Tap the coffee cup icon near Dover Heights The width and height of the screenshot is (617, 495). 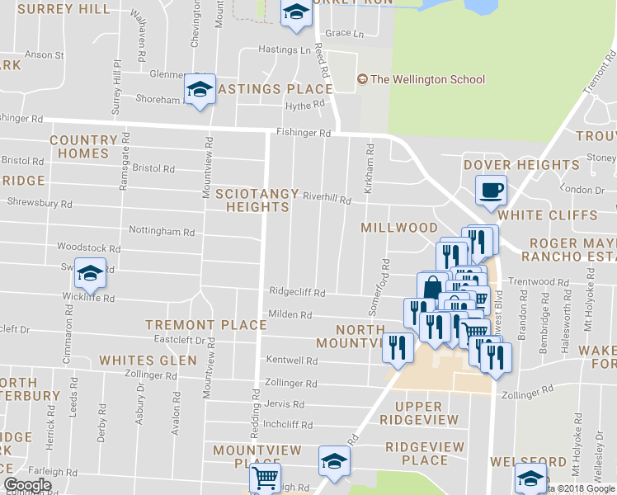tap(491, 191)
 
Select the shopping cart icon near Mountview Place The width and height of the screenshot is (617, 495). tap(264, 478)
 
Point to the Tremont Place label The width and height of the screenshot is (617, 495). tap(205, 325)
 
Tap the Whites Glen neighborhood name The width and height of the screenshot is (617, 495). tap(148, 361)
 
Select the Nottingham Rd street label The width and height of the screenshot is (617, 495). tap(162, 232)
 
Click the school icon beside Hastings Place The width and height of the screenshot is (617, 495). tap(199, 90)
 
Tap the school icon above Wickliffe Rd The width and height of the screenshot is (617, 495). tap(91, 273)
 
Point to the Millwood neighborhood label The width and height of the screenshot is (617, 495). tap(399, 228)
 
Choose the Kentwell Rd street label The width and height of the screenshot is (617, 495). tap(292, 361)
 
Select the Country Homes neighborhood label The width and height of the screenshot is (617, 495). tap(83, 147)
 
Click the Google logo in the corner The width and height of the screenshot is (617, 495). tap(27, 485)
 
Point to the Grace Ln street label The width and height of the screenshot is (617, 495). tap(345, 34)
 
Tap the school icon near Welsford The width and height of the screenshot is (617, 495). tap(530, 478)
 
